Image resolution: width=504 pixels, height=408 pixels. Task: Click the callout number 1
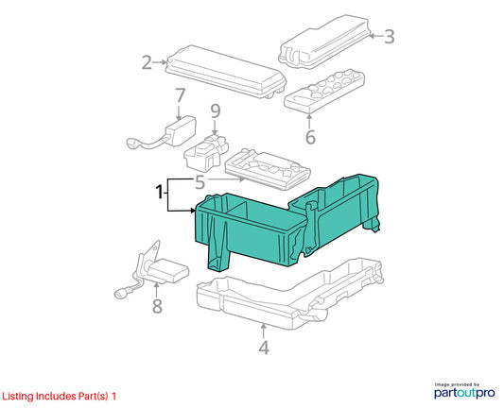pyautogui.click(x=159, y=193)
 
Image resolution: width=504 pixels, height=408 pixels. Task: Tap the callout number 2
pyautogui.click(x=147, y=62)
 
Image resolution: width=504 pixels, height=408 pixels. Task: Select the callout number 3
pyautogui.click(x=390, y=36)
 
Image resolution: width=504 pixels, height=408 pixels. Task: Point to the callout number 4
pyautogui.click(x=264, y=348)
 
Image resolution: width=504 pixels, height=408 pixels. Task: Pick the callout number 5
pyautogui.click(x=200, y=182)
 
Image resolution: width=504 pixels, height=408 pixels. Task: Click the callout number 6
pyautogui.click(x=310, y=137)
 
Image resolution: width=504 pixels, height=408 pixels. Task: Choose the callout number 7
pyautogui.click(x=180, y=95)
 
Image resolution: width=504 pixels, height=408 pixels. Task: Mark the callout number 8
pyautogui.click(x=157, y=306)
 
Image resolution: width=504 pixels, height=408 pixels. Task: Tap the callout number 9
pyautogui.click(x=216, y=111)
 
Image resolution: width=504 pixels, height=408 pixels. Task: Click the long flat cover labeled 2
pyautogui.click(x=225, y=72)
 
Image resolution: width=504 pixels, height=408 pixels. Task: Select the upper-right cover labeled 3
pyautogui.click(x=324, y=42)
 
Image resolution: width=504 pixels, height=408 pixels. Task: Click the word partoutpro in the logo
pyautogui.click(x=464, y=393)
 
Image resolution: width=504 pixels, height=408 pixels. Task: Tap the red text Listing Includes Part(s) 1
pyautogui.click(x=60, y=396)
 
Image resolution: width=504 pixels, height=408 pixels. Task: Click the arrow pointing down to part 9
pyautogui.click(x=215, y=127)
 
